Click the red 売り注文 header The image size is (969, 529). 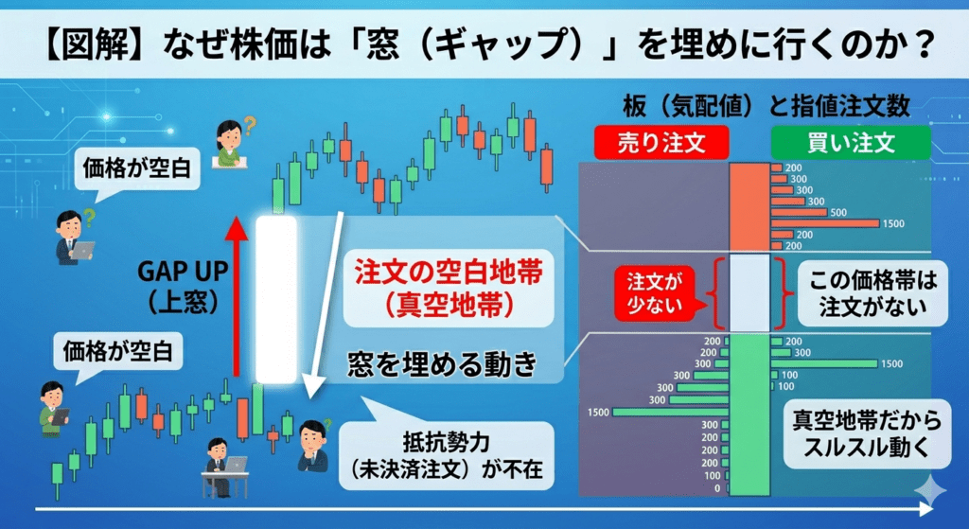[x=661, y=143]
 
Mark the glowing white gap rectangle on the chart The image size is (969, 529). [x=276, y=299]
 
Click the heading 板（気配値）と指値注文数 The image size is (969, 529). [x=766, y=106]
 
